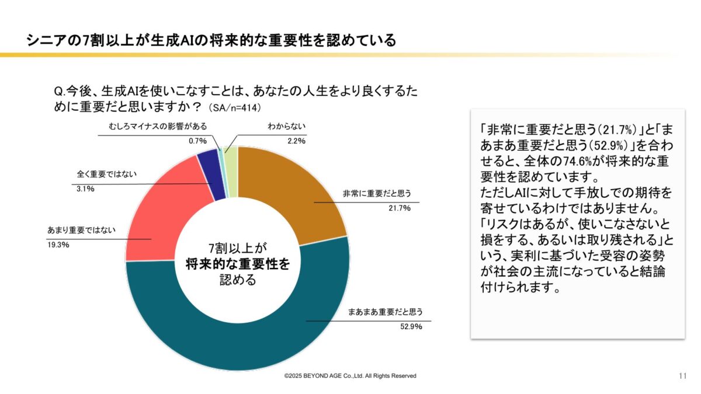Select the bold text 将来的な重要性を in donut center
(x=237, y=264)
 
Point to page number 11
(x=682, y=375)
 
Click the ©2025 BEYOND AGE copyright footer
(x=350, y=376)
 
